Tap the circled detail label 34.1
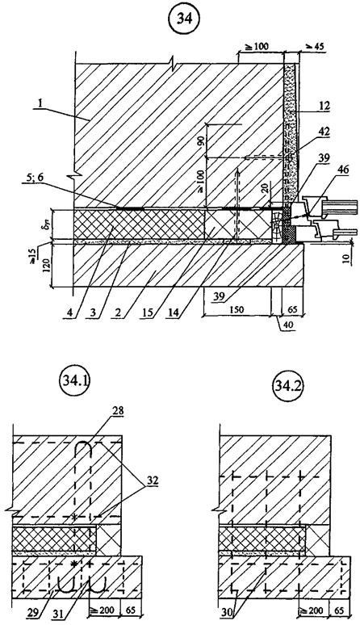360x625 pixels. tap(76, 385)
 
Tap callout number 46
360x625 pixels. tap(342, 170)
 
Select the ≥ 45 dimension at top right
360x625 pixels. tap(314, 47)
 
